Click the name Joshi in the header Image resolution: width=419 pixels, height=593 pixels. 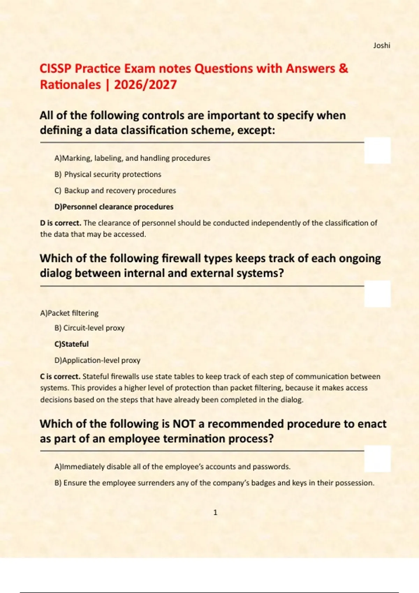(381, 45)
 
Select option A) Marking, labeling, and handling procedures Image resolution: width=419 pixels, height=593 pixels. (132, 158)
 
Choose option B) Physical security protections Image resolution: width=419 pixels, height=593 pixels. (108, 174)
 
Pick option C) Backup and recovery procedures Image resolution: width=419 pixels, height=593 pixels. (115, 190)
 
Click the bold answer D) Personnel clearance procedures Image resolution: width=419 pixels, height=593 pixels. (114, 207)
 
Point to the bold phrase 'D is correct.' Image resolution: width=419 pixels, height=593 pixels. (60, 223)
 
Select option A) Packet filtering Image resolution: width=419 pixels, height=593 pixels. (69, 313)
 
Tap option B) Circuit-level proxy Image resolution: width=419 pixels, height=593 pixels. (89, 328)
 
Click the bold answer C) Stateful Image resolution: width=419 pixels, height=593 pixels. (72, 344)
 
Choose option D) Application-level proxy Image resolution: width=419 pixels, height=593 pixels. (97, 360)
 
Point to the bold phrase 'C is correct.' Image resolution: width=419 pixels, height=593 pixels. (60, 377)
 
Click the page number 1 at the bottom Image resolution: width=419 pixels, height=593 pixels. (215, 512)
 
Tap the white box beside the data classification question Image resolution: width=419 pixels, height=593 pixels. (377, 150)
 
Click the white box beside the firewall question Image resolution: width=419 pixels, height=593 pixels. (377, 294)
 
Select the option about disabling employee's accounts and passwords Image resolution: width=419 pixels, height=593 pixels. (172, 467)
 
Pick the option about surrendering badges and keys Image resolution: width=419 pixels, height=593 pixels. (214, 483)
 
